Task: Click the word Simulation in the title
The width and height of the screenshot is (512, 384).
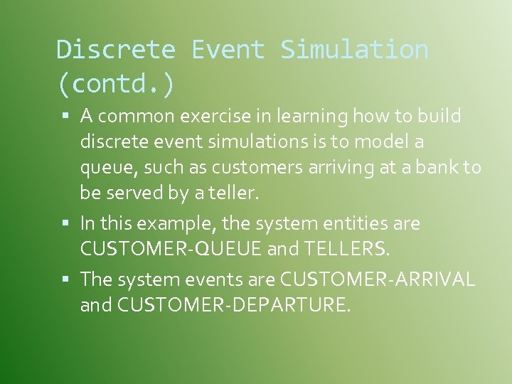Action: pos(354,50)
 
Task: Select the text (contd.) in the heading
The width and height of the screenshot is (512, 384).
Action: pos(115,84)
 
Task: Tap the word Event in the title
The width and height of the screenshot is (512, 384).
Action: pos(228,50)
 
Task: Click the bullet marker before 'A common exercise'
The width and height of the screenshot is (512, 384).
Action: pos(65,115)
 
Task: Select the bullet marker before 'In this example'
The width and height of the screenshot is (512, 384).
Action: pos(65,223)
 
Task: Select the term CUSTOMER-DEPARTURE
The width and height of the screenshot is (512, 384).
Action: pos(233,306)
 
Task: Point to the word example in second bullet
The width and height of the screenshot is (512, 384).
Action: pos(181,223)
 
